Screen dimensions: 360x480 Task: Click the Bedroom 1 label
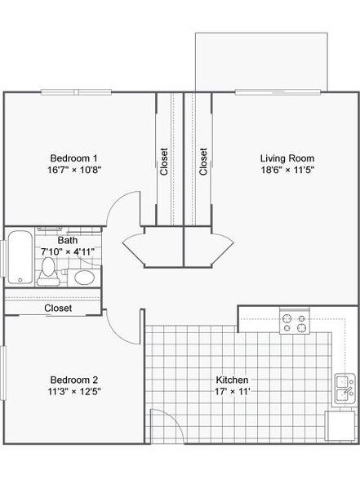click(x=73, y=158)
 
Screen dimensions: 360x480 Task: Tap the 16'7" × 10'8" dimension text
click(x=74, y=170)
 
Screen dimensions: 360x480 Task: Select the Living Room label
click(x=287, y=158)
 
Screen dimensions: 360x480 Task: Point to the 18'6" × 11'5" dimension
click(x=287, y=170)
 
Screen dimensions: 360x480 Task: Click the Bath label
click(x=68, y=240)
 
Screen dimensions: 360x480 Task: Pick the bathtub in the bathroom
click(x=20, y=257)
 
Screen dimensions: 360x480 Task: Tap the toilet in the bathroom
click(x=48, y=272)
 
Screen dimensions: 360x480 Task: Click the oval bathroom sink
click(x=85, y=278)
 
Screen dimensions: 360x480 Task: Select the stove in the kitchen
click(x=295, y=321)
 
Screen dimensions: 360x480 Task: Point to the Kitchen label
click(x=232, y=380)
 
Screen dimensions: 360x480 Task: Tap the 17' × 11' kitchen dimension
click(x=233, y=391)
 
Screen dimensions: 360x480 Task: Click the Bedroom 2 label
click(x=74, y=380)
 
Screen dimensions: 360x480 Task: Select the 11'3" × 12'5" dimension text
click(x=74, y=391)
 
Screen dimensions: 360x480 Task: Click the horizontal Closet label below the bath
click(x=58, y=309)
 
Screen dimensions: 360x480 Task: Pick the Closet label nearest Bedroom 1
click(x=164, y=162)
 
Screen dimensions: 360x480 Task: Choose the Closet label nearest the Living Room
click(x=203, y=162)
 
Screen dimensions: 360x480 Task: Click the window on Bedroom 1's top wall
click(x=76, y=91)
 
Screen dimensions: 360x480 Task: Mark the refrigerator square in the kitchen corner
click(x=340, y=426)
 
